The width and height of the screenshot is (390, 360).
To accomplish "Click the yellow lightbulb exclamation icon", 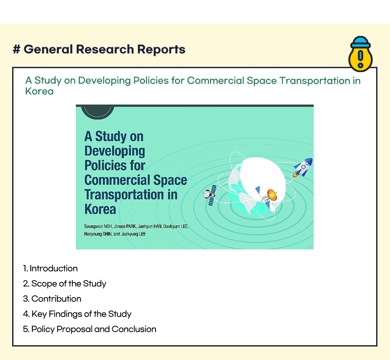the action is [361, 54].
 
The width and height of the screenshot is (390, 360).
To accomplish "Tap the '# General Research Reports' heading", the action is [99, 49].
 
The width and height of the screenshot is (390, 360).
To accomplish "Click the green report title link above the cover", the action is [193, 85].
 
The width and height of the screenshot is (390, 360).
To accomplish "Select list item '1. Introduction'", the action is [50, 268].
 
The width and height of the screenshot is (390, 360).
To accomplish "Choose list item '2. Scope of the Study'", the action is [65, 284].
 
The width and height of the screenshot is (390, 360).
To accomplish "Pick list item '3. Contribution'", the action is [52, 299].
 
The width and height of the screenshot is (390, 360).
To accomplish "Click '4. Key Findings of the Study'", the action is [77, 314].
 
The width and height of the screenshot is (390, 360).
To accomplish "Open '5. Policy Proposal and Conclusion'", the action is [90, 329].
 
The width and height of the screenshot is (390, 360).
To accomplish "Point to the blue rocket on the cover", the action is [303, 167].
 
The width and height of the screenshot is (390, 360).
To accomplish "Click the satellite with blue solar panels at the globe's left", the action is [210, 195].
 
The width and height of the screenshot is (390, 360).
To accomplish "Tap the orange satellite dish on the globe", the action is [272, 195].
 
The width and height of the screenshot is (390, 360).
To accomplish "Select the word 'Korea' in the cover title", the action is [100, 209].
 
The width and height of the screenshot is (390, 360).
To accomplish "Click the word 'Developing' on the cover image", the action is [115, 151].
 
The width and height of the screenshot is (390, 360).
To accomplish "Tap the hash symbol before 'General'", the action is [16, 49].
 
